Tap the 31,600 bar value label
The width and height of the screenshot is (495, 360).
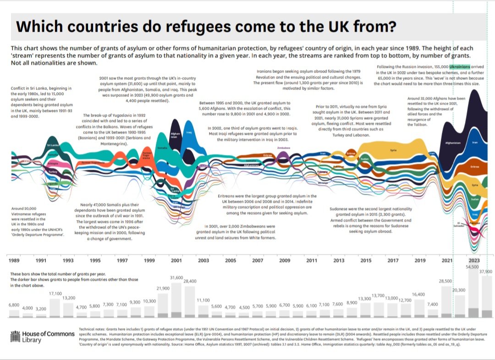pyautogui.click(x=176, y=277)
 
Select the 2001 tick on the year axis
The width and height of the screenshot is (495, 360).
pyautogui.click(x=176, y=260)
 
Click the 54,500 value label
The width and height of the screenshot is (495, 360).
pyautogui.click(x=472, y=266)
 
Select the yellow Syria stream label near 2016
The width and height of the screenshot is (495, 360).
pyautogui.click(x=393, y=150)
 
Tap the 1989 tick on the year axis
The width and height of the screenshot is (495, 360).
pyautogui.click(x=15, y=260)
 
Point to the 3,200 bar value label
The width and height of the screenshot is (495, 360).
pyautogui.click(x=41, y=309)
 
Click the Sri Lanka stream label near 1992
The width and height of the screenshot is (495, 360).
pyautogui.click(x=52, y=146)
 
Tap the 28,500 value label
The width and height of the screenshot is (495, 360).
pyautogui.click(x=445, y=281)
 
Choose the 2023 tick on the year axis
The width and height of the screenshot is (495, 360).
pyautogui.click(x=474, y=260)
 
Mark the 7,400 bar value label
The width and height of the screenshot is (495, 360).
pyautogui.click(x=432, y=304)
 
